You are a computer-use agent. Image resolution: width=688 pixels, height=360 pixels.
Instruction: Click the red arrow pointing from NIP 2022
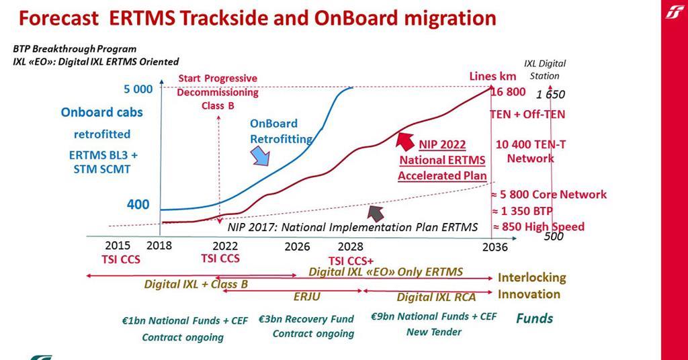tap(404, 141)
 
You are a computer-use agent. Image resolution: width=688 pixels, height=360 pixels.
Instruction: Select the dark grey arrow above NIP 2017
tap(376, 213)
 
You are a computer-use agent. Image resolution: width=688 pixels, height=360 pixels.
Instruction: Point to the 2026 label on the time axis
tap(297, 246)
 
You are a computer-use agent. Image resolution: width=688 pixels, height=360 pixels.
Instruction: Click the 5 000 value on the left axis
tap(138, 89)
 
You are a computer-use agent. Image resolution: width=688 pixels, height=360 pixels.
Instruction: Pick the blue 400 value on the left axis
tap(138, 204)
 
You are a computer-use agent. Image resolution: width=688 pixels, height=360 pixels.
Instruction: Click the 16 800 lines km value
tap(508, 92)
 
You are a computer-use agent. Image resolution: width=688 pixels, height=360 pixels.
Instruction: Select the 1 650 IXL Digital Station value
tap(550, 94)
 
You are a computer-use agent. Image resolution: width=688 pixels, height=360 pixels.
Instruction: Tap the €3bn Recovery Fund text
tap(306, 319)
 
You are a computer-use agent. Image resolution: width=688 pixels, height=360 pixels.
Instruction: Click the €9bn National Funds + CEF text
tap(433, 316)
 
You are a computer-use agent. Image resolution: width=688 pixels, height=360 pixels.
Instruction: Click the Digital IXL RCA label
tap(436, 297)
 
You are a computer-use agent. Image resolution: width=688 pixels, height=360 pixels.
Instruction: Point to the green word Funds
tap(534, 318)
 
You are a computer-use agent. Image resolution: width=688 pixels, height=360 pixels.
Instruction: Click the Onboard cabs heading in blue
tap(101, 112)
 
